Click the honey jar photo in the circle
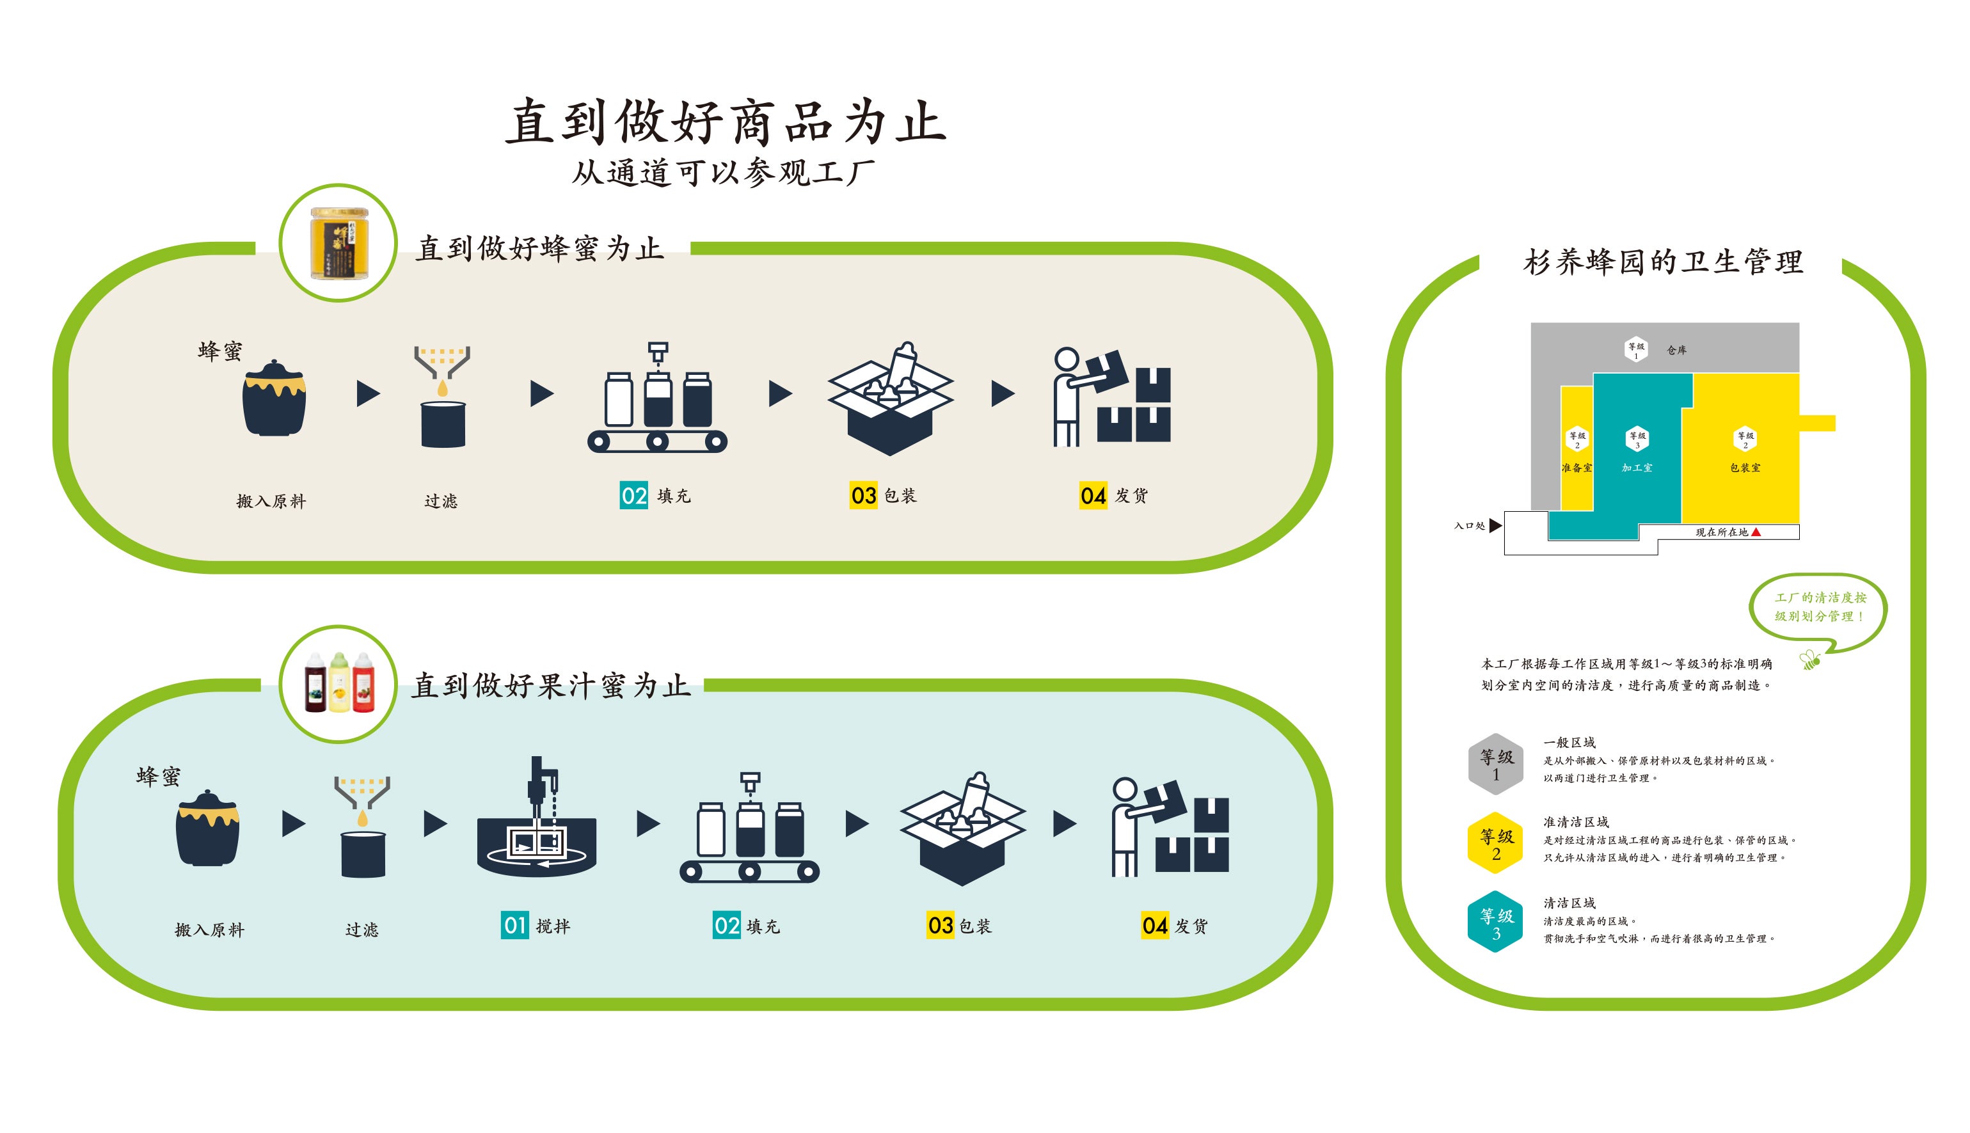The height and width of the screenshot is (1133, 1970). tap(339, 244)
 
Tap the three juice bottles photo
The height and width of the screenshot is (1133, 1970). tap(339, 683)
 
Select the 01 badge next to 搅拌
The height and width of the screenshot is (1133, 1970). tap(514, 925)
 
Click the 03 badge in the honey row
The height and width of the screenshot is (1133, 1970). tap(863, 496)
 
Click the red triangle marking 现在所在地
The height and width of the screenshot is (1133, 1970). tap(1756, 532)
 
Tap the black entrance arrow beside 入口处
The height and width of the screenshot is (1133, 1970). tap(1495, 526)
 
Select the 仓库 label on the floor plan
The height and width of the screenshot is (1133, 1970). tap(1677, 350)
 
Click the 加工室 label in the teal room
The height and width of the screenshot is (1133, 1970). tap(1637, 468)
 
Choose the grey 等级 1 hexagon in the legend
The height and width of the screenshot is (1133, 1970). tap(1495, 764)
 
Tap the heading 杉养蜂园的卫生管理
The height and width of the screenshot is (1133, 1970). tap(1663, 262)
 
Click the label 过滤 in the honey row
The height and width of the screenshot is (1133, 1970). tap(440, 501)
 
